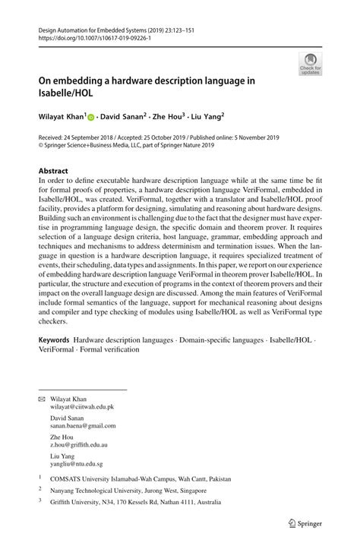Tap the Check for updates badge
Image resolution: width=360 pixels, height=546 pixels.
coord(311,64)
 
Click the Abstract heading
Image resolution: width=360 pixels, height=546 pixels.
coord(53,172)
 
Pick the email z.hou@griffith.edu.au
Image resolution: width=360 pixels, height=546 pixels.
coord(79,447)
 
